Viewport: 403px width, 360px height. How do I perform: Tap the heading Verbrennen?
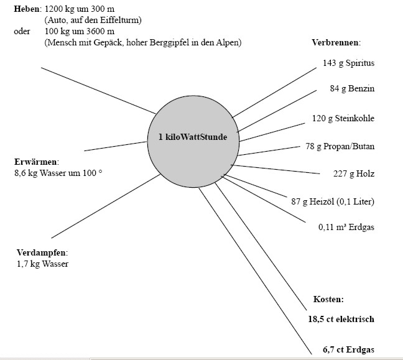336,43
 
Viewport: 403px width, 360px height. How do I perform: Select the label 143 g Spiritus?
348,63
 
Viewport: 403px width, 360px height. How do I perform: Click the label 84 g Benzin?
352,89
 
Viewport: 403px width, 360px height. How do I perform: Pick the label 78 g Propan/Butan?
349,146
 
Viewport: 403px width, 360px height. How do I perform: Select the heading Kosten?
329,299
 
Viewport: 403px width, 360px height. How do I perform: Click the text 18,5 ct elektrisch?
341,320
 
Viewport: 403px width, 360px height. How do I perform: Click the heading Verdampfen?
42,253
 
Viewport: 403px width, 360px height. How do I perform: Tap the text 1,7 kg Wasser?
43,264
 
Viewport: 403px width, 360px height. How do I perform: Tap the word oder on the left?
22,31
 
